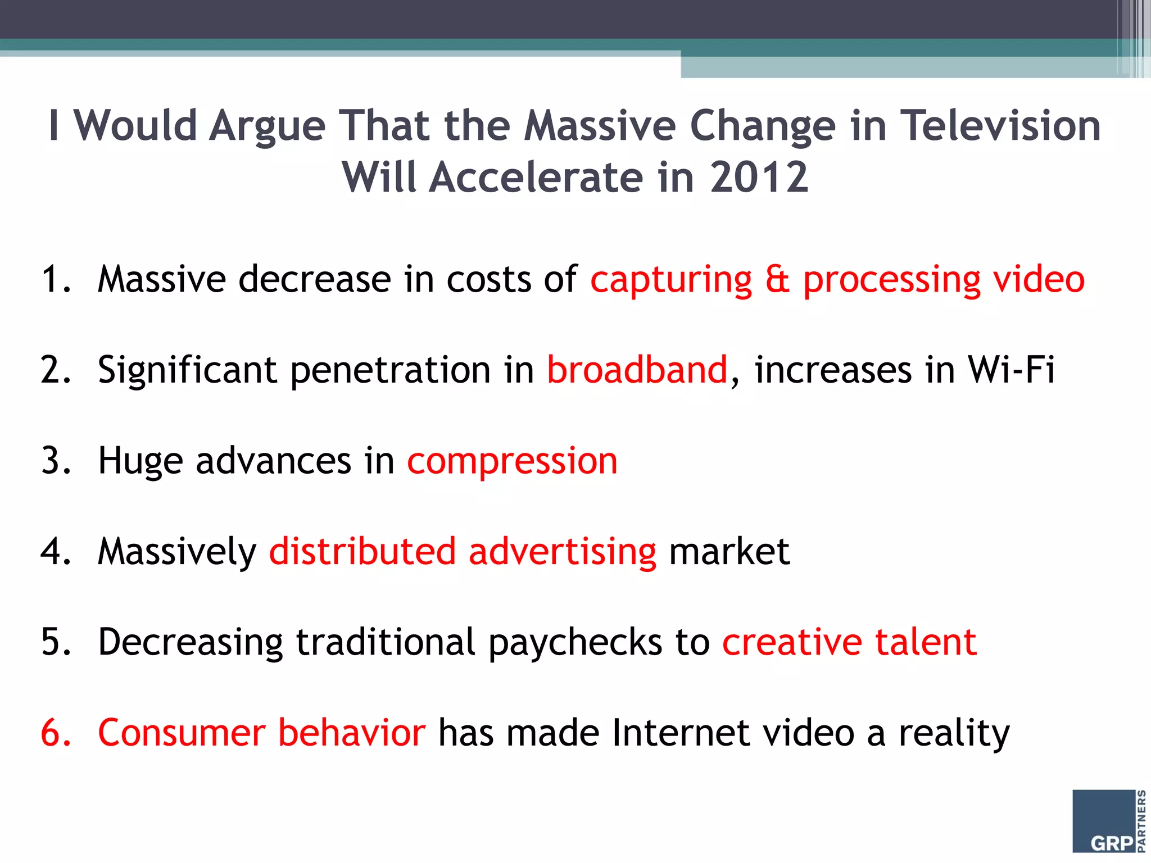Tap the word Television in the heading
pyautogui.click(x=1001, y=125)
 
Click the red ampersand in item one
pyautogui.click(x=777, y=279)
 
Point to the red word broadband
pyautogui.click(x=637, y=370)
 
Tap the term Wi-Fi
pyautogui.click(x=1010, y=370)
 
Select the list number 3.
pyautogui.click(x=55, y=461)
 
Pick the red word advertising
pyautogui.click(x=562, y=552)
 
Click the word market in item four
pyautogui.click(x=729, y=552)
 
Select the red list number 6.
pyautogui.click(x=55, y=733)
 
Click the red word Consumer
pyautogui.click(x=181, y=733)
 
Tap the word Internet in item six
pyautogui.click(x=680, y=733)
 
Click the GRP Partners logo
pyautogui.click(x=1108, y=821)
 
